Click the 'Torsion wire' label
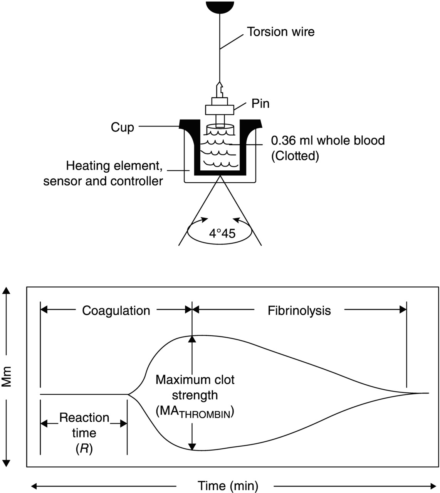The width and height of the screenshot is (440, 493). point(280,32)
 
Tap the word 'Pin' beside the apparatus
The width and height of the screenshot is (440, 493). point(260,104)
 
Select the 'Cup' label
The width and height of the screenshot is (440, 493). point(122,127)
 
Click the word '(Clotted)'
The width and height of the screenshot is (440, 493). point(295,156)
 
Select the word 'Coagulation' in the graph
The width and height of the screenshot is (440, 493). point(116,311)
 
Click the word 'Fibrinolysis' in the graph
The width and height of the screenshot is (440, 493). point(299,311)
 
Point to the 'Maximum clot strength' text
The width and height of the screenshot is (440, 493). point(195,387)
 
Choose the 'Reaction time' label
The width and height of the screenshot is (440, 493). point(84,425)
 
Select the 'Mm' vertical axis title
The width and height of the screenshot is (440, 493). point(7,376)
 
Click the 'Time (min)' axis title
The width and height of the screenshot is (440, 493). point(228,485)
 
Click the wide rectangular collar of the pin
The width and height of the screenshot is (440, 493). point(219,110)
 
